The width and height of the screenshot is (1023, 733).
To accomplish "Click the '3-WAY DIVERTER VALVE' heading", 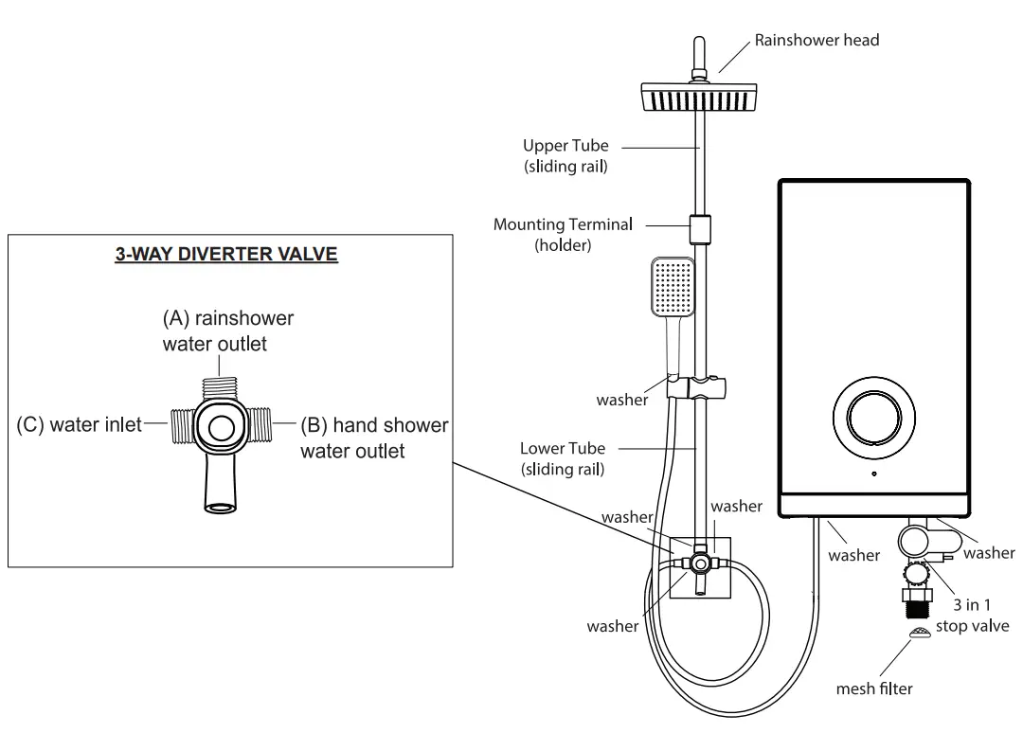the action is click(x=225, y=254).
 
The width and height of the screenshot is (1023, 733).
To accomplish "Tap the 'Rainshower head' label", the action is click(x=817, y=40).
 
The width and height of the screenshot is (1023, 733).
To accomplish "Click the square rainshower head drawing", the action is click(x=701, y=96).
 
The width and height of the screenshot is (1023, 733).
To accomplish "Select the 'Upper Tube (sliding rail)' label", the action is click(x=565, y=155).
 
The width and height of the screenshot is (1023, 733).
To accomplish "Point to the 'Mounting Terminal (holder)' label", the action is click(x=563, y=234).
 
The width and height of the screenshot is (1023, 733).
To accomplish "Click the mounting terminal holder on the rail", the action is click(x=701, y=229).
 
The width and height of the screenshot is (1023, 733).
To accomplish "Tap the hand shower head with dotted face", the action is click(x=672, y=286).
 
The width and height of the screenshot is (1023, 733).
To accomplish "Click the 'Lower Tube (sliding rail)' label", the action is click(x=563, y=457).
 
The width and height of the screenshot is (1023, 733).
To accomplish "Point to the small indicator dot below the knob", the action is click(x=873, y=473).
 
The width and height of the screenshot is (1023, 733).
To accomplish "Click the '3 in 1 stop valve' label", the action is click(x=972, y=616).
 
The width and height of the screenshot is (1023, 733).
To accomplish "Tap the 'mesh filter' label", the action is click(x=874, y=688).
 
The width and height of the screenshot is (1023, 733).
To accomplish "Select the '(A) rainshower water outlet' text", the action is click(x=227, y=331).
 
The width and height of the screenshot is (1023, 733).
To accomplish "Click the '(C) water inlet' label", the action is click(x=79, y=425).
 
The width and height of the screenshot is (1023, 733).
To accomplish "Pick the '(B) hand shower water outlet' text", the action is click(x=373, y=438).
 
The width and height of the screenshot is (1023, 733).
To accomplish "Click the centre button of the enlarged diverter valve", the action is click(x=222, y=427).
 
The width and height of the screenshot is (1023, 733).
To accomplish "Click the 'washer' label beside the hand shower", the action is click(x=622, y=400).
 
